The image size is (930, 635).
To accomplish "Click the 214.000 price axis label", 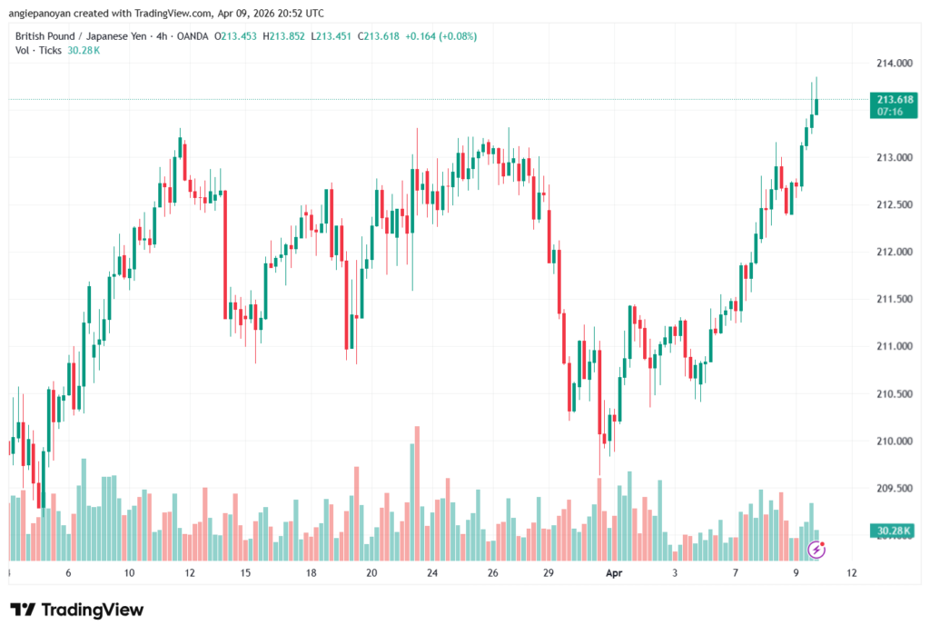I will pos(894,64).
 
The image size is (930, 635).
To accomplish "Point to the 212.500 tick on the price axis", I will pos(894,205).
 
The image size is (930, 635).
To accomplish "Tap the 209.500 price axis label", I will pos(894,489).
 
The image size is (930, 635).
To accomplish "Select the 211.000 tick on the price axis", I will pos(894,347).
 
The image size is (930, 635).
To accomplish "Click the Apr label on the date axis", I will pos(614,574).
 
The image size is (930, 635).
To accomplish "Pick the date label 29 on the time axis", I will pos(549,574).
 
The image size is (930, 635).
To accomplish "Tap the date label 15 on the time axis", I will pos(245,574).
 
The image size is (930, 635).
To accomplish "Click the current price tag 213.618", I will pos(895,99).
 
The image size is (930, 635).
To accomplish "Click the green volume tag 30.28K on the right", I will pos(895,531).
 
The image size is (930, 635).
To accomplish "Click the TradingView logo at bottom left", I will pos(77,610).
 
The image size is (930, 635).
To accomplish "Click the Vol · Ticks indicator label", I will pos(39,50).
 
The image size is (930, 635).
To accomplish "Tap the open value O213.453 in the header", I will pos(238,36).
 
